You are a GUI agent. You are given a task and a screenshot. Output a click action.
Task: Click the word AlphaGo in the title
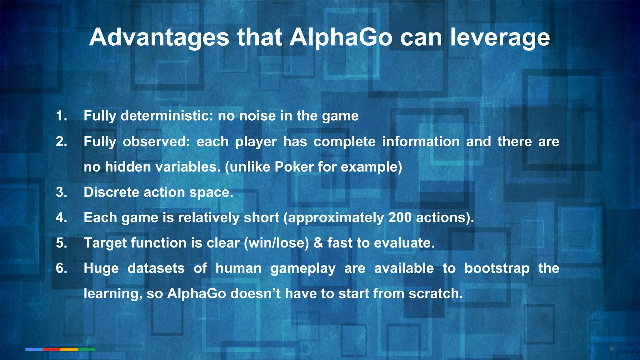(341, 37)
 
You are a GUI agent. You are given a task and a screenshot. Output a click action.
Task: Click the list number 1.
(61, 116)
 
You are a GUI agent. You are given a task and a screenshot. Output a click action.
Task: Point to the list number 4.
(61, 217)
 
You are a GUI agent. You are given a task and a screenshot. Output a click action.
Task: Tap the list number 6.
(61, 268)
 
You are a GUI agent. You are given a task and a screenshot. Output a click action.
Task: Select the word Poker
(294, 167)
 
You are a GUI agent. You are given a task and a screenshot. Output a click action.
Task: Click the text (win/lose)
(276, 243)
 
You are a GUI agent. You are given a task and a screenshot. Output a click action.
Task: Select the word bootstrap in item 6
(497, 268)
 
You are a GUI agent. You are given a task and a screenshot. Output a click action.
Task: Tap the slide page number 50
(612, 348)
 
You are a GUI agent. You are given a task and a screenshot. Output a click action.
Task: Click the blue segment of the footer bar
(34, 349)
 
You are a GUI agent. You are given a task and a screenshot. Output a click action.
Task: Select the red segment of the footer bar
(52, 349)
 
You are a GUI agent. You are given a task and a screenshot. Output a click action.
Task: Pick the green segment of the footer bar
(87, 349)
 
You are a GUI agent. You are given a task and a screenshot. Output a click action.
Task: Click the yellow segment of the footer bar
(69, 349)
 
